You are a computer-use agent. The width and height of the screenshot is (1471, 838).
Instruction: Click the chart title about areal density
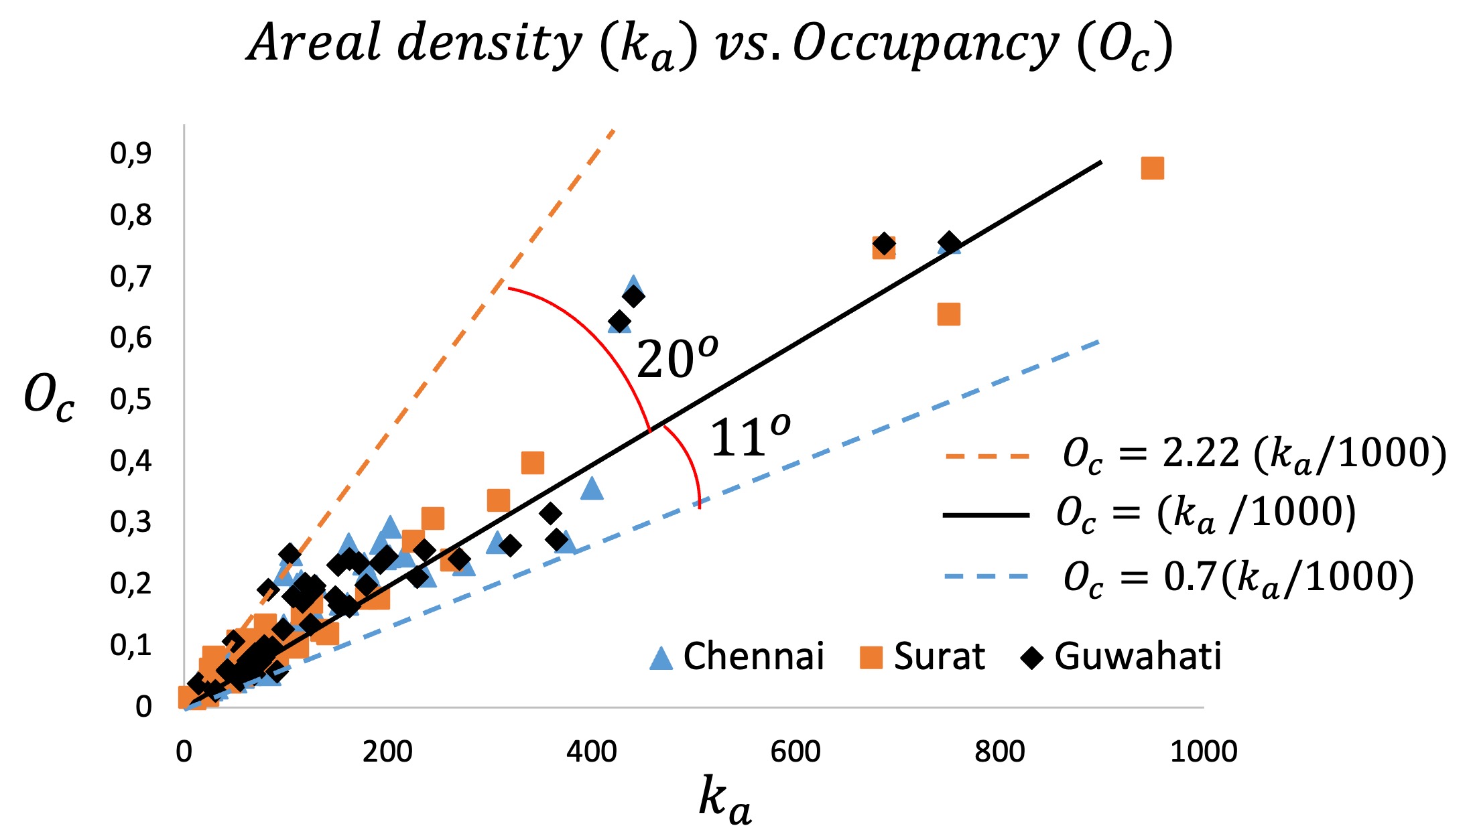(710, 44)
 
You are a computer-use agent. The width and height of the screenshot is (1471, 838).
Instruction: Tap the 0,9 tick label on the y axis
(131, 153)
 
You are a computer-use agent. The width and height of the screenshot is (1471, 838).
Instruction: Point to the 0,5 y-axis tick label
(131, 399)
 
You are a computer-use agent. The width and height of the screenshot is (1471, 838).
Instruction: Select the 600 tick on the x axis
(795, 752)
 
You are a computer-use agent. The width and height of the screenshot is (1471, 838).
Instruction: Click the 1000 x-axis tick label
(1203, 752)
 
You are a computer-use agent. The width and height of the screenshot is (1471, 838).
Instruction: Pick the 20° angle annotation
(676, 359)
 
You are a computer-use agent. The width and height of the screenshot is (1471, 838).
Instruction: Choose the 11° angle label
(749, 437)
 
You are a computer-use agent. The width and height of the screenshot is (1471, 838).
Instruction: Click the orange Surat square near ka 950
(1152, 168)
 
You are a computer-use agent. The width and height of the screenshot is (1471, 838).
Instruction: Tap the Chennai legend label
(753, 656)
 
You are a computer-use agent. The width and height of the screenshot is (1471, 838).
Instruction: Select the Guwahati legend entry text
(1137, 656)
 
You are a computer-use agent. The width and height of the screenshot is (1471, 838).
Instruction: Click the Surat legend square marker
(871, 657)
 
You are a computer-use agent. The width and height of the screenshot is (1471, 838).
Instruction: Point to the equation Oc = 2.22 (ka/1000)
(1254, 454)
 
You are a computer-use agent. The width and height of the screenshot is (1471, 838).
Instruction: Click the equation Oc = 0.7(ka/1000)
(1238, 577)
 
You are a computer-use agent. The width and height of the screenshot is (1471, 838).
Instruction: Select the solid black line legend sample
(985, 514)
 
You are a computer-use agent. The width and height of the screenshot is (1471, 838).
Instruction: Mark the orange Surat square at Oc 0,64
(948, 313)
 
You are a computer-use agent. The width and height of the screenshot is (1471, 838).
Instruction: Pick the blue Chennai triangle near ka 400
(591, 489)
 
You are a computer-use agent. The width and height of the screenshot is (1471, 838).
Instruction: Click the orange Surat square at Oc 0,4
(532, 462)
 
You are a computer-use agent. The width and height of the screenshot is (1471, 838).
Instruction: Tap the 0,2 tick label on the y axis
(131, 583)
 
